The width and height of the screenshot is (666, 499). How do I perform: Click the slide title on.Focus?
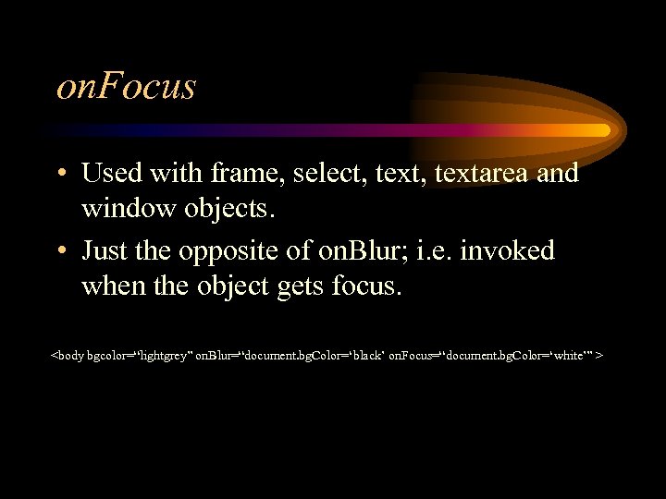[x=127, y=86]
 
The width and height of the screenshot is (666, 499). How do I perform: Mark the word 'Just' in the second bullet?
[x=105, y=251]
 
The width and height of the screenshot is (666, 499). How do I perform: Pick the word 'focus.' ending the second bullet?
[x=366, y=286]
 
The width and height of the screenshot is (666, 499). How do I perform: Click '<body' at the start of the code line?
[x=68, y=354]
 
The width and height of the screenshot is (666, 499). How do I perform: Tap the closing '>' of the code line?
[x=602, y=354]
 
